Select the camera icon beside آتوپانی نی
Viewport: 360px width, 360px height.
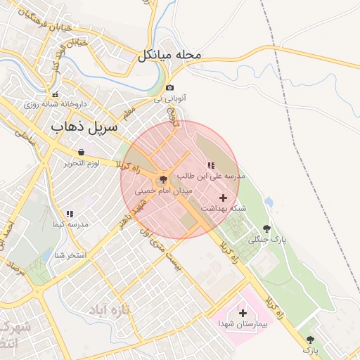[x=169, y=88]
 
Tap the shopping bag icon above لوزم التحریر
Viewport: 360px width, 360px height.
[x=82, y=152]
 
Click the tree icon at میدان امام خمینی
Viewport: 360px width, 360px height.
[x=163, y=180]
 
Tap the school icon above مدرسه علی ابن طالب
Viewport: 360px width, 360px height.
[x=211, y=165]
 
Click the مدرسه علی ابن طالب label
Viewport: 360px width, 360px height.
[x=212, y=176]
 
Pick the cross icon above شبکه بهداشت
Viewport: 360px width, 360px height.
[x=224, y=198]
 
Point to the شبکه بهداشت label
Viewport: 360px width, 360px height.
[x=224, y=208]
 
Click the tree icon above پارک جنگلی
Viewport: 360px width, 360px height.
[x=266, y=229]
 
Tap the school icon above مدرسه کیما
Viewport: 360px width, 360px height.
[x=70, y=213]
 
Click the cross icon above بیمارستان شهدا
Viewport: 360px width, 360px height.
[x=243, y=312]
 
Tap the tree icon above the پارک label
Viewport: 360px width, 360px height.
[x=311, y=340]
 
